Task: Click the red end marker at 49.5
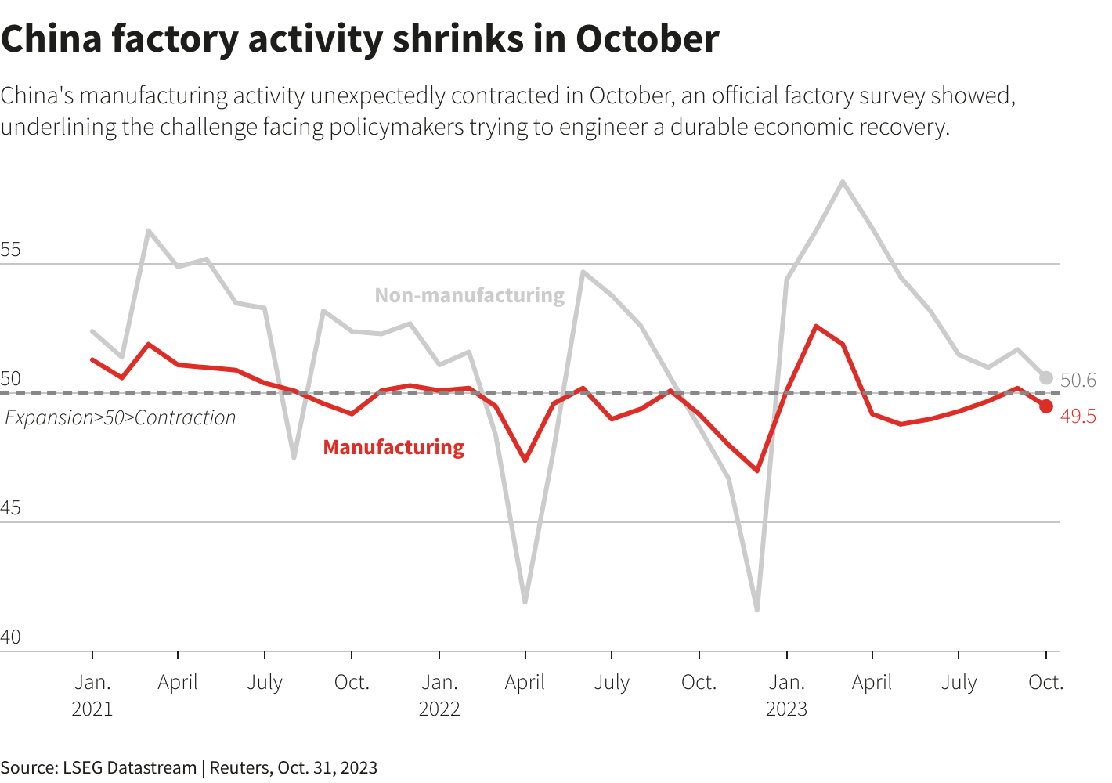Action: (x=1045, y=406)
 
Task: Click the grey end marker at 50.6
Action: (x=1045, y=378)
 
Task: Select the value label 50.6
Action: (x=1078, y=381)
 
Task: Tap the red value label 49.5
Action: (x=1078, y=417)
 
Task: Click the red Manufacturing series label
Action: (x=393, y=447)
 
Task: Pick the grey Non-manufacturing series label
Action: (x=469, y=295)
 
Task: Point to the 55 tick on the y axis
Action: (x=11, y=251)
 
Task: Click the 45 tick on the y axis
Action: (x=11, y=509)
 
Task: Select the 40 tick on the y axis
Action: (x=11, y=637)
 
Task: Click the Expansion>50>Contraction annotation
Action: (x=121, y=418)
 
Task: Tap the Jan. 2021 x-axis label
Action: (x=92, y=695)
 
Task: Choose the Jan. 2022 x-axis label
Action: (x=439, y=695)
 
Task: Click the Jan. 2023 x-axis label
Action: (x=786, y=695)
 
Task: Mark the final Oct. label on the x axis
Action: (x=1045, y=683)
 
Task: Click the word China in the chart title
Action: (x=52, y=39)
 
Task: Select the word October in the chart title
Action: (x=647, y=39)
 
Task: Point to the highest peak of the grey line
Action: (x=843, y=182)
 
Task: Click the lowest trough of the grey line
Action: (x=757, y=609)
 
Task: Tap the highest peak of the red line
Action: (x=816, y=326)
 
